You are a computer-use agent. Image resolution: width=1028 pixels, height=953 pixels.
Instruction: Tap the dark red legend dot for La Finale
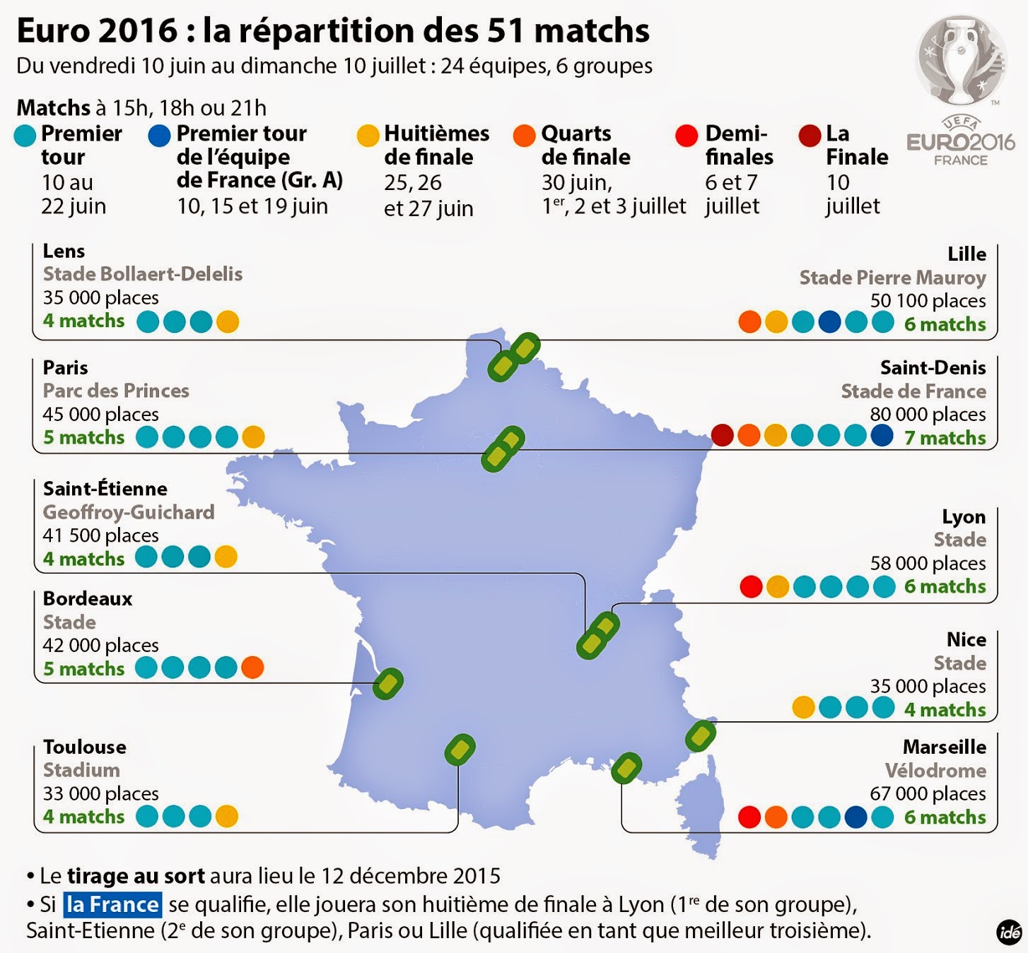tap(810, 135)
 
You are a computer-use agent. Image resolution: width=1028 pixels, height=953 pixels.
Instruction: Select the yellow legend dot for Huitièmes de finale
tap(368, 135)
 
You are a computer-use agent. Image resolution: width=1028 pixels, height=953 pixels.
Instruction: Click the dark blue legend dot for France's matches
tap(160, 135)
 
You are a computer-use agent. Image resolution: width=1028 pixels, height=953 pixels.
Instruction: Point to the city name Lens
tap(64, 251)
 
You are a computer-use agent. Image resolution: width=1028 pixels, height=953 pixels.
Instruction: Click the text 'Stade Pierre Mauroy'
tap(892, 278)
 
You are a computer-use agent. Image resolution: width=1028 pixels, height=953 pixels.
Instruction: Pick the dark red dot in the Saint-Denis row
tap(722, 435)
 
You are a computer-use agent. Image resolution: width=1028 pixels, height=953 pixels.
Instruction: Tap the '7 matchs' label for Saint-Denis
tap(945, 438)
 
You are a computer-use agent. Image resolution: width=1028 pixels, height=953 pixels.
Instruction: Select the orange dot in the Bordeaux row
tap(252, 667)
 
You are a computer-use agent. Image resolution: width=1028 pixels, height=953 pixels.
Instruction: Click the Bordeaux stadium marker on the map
tap(388, 683)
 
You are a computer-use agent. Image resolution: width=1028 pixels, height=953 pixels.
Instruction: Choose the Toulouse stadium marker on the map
tap(460, 750)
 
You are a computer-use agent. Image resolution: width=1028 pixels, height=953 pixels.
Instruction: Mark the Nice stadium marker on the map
tap(701, 735)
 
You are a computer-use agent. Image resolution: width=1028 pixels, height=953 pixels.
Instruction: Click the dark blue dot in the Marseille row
tap(855, 817)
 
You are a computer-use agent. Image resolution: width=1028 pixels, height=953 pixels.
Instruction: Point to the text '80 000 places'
tap(928, 414)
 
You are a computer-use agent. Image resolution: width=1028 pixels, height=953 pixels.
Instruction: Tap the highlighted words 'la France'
tap(113, 904)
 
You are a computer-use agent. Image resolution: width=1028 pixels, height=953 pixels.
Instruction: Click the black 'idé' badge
tap(1009, 933)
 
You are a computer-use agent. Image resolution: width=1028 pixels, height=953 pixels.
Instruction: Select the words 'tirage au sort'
tap(136, 876)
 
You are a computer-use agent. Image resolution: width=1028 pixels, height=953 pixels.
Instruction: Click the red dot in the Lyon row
tap(751, 586)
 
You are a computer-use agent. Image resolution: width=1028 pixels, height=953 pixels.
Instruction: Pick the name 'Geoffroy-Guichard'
tap(129, 512)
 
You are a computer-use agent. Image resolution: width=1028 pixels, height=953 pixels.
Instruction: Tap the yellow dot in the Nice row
tap(803, 707)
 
